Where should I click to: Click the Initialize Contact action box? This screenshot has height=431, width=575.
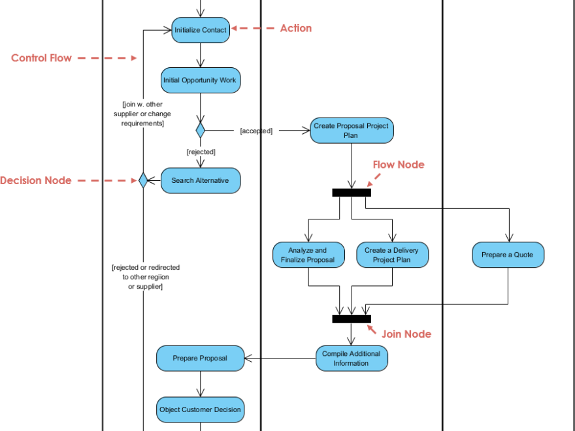point(201,30)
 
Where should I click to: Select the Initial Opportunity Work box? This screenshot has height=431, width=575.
point(201,80)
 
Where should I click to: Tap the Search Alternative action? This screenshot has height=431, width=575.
point(200,180)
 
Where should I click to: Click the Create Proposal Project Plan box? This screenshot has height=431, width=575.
point(352,131)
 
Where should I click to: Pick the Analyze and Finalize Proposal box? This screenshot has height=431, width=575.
point(308,255)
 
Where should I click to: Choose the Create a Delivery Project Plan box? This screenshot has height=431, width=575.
point(392,255)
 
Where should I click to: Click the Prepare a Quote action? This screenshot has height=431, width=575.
point(508,255)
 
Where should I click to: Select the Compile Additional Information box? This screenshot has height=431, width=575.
point(351,359)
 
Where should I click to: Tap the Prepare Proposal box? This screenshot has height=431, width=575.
point(200,358)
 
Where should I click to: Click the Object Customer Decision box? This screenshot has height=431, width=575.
point(200,409)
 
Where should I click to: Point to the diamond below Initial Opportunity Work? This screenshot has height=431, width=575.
point(200,129)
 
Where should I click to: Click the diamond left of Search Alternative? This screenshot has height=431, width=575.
point(142,180)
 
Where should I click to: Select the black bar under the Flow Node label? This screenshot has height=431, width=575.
point(352,192)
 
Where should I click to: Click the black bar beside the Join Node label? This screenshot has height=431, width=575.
point(352,319)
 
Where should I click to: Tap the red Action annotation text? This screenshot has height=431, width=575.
point(295,28)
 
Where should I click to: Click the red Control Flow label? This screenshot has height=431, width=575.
point(41,58)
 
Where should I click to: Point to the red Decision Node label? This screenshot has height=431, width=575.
point(36,180)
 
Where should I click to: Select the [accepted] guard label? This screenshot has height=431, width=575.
point(256,131)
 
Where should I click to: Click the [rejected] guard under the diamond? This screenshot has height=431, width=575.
point(201,152)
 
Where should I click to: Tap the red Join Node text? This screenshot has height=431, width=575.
point(406,334)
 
